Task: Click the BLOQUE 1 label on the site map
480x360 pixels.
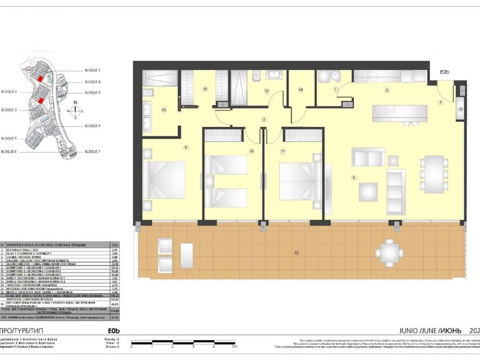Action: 92,71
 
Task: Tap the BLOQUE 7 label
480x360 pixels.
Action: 92,151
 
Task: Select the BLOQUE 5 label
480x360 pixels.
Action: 9,138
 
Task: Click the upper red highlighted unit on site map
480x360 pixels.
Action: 40,79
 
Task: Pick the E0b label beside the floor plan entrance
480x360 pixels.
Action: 444,72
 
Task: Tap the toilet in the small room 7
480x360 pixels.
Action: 336,77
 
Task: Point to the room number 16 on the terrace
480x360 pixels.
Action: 296,252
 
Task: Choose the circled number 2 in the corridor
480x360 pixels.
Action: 264,119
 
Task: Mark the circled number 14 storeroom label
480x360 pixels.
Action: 300,90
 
